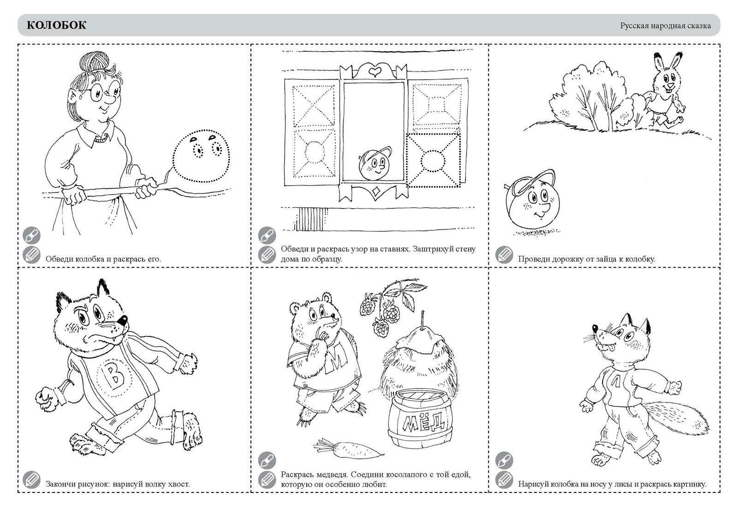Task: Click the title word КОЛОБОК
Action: tap(56, 25)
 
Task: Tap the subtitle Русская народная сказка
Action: tap(666, 26)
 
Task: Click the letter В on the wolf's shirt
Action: tap(113, 378)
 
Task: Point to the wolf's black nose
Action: tap(123, 320)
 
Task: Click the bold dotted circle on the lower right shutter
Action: tap(433, 161)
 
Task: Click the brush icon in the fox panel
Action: tap(504, 460)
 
